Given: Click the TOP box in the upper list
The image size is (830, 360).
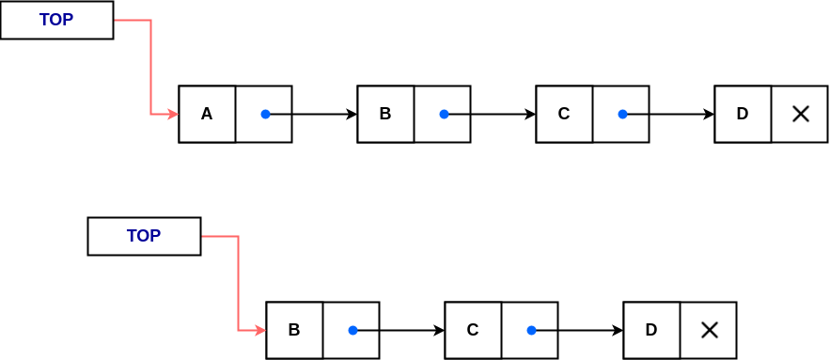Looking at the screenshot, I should [x=56, y=20].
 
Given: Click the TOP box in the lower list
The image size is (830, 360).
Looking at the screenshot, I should [x=144, y=236].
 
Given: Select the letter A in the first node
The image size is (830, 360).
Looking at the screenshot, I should [x=207, y=115].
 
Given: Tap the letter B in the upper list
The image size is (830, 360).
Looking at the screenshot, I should [x=385, y=115].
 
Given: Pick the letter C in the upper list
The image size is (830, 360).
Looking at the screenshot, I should [x=564, y=115].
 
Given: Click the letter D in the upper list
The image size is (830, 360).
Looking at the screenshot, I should [x=743, y=115].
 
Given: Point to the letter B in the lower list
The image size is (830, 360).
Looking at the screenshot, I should [x=294, y=330].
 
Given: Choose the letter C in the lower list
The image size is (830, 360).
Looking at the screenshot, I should [x=473, y=330].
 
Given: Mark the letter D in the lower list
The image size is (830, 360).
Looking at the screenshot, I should [x=651, y=330].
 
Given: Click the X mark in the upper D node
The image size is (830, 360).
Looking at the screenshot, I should [x=800, y=115].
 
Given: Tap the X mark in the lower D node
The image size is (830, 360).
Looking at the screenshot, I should [x=710, y=330].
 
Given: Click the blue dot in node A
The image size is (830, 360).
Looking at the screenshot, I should [x=265, y=115].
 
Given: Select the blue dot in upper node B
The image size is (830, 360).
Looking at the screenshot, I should [x=444, y=115].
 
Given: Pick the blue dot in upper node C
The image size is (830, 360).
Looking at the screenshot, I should [x=622, y=115].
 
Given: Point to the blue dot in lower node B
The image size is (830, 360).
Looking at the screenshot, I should [x=352, y=330].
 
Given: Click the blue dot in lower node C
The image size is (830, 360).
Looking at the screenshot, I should [x=531, y=330].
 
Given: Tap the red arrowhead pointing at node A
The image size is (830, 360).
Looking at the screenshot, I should [x=173, y=115].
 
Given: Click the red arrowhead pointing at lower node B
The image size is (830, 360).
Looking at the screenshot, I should [x=260, y=330].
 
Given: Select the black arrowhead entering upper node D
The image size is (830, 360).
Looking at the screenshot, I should [x=709, y=115].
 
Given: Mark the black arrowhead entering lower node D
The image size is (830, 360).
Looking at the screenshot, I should [x=618, y=330].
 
